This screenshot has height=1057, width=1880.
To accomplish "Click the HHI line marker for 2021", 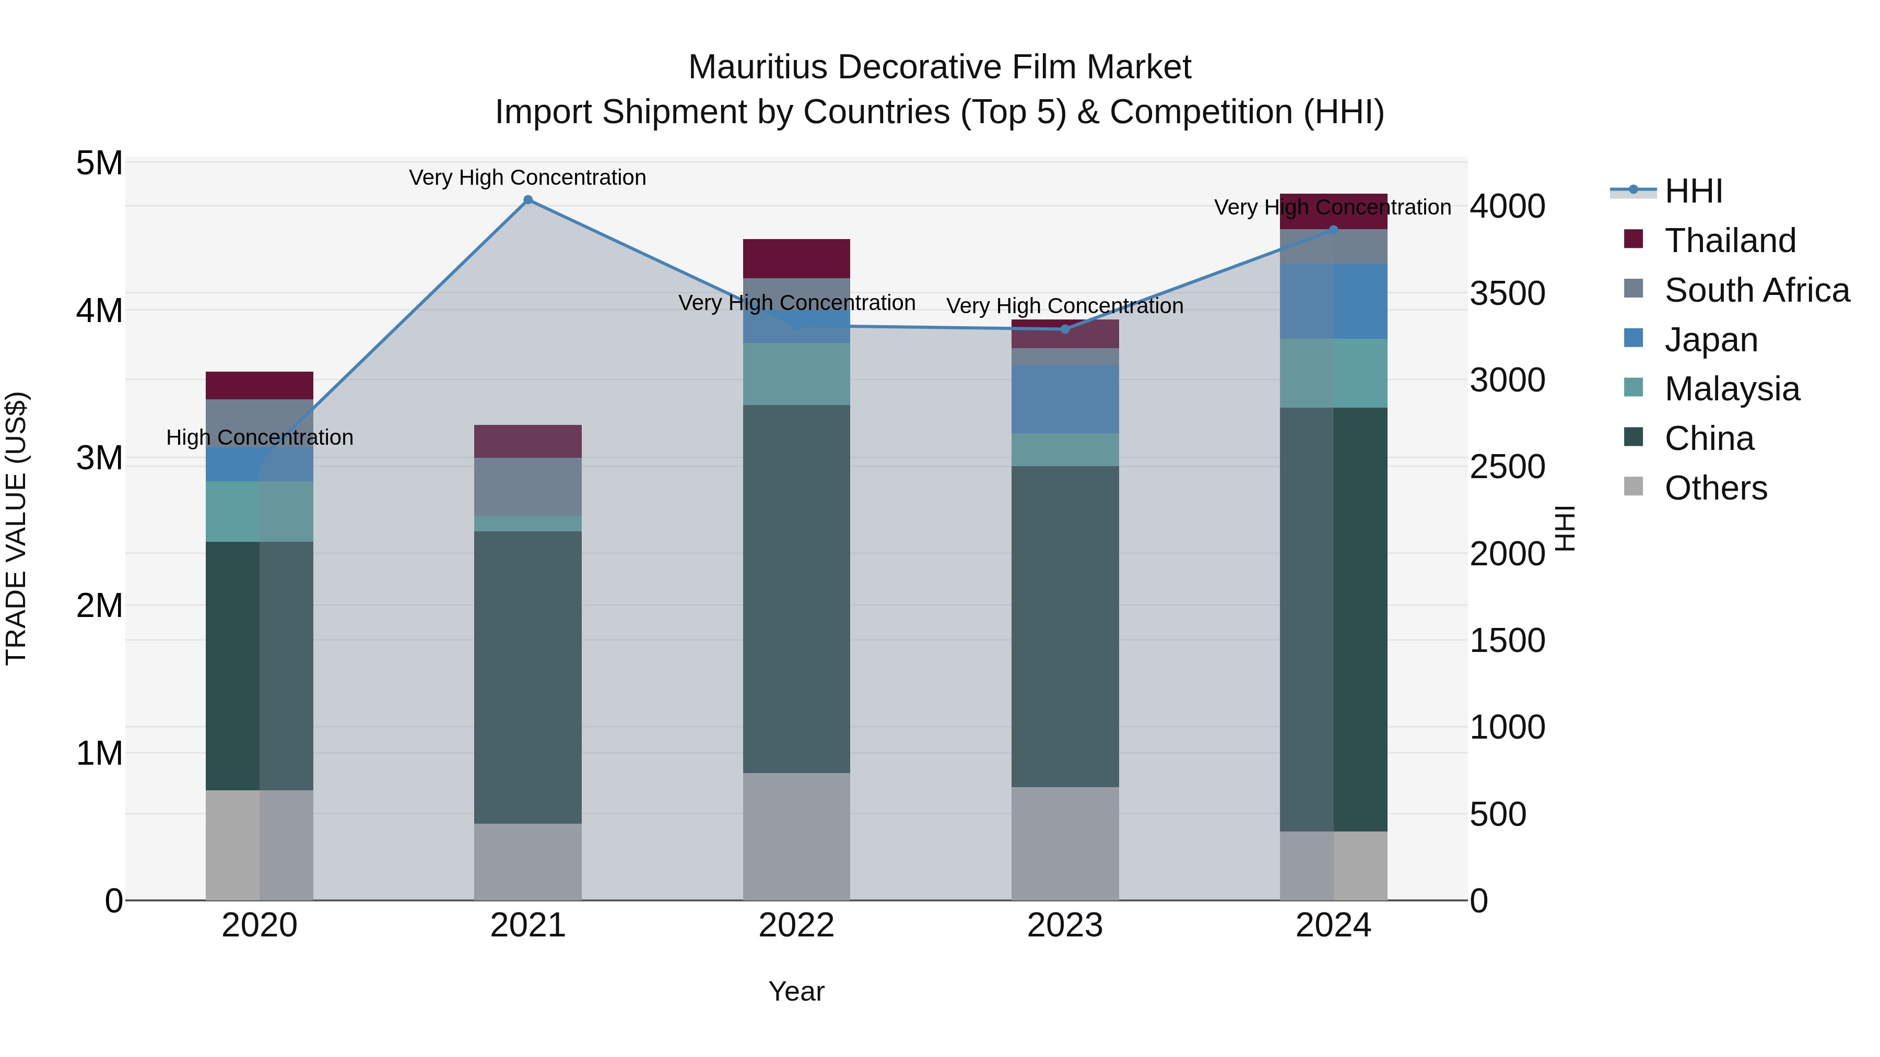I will tap(527, 200).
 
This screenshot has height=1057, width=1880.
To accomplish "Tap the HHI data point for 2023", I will tap(1065, 329).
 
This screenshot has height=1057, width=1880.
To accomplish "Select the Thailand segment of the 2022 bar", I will tap(796, 258).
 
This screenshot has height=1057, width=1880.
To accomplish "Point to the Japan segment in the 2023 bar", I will tap(1065, 399).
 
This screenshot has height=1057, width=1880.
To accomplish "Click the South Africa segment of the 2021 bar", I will tap(527, 486).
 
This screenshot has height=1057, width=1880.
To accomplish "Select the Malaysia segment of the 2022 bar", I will tap(796, 374).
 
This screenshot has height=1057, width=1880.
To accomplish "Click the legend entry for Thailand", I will tap(1730, 240).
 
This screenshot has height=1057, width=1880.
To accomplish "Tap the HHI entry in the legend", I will tap(1693, 191).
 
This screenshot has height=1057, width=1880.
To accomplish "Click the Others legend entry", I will tap(1715, 488).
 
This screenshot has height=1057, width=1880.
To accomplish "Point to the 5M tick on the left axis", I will tap(100, 163).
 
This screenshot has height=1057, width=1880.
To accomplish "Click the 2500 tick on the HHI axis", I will tap(1507, 467).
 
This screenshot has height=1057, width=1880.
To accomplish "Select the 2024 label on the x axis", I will tap(1333, 925).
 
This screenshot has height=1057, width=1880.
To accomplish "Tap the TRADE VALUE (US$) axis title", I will tap(16, 528).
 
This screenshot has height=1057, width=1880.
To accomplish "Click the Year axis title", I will tap(796, 991).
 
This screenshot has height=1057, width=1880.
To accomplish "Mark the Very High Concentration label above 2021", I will tap(527, 177).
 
